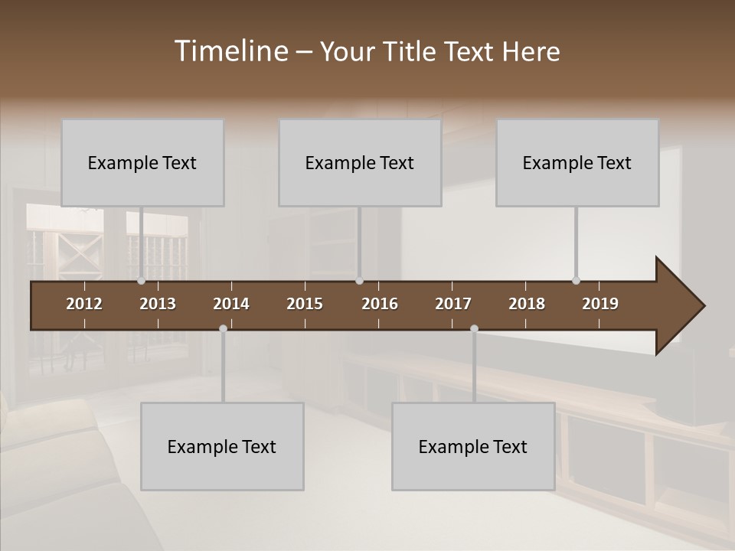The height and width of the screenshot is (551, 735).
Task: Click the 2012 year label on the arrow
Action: tap(84, 304)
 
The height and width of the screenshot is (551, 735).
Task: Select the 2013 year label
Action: tap(158, 304)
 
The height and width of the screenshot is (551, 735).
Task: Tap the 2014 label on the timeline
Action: tap(231, 304)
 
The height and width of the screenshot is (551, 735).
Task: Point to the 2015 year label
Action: tap(305, 304)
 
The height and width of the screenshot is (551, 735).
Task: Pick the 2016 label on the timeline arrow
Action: tap(380, 304)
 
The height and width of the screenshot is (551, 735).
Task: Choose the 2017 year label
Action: tap(453, 304)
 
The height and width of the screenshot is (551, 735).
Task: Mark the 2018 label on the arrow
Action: tap(527, 304)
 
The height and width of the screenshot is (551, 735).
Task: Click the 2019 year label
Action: tap(600, 304)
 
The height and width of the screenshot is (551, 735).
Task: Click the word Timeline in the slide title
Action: tap(230, 51)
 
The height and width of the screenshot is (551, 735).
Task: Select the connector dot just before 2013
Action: tap(141, 281)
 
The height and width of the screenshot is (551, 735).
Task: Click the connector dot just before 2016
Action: tap(359, 281)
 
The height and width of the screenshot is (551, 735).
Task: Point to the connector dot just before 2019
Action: tap(576, 281)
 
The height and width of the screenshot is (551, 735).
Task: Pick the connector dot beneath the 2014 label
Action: tap(223, 328)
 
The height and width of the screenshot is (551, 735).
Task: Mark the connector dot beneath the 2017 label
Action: tap(474, 328)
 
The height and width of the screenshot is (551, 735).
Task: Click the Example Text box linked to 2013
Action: tap(142, 163)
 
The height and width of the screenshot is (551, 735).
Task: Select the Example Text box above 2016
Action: tap(360, 163)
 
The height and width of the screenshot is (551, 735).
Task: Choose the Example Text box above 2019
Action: tap(577, 163)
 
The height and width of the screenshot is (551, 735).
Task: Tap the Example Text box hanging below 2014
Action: tap(222, 447)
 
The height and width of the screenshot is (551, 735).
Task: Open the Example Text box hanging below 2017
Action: tap(473, 447)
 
